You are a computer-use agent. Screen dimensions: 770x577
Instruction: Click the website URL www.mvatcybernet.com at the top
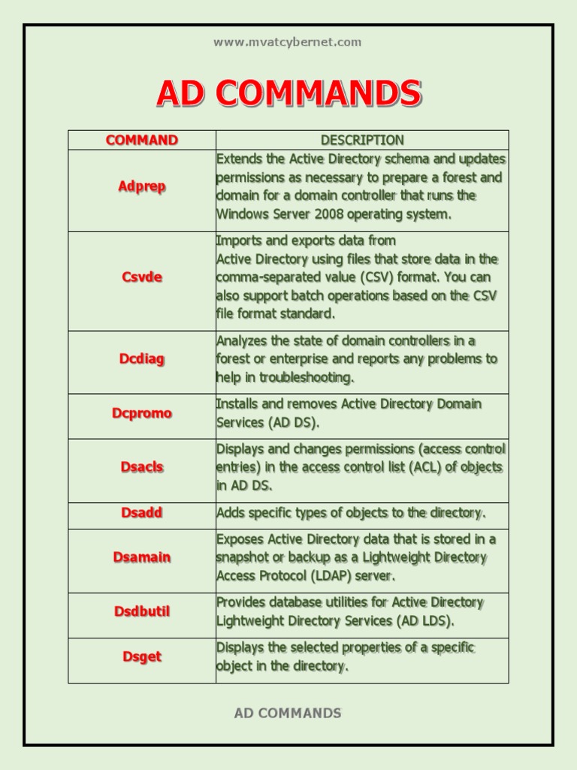pos(287,42)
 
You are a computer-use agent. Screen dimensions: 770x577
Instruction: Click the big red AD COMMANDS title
pos(288,94)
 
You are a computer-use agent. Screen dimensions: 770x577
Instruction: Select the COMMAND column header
pos(142,140)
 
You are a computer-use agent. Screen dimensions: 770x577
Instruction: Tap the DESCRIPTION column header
pos(362,140)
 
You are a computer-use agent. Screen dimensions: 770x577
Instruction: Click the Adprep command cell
pos(142,186)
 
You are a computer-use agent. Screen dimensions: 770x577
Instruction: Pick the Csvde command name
pos(142,277)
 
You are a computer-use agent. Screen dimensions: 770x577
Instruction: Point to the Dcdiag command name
pos(142,359)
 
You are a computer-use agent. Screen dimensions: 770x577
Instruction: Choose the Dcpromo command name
pos(142,413)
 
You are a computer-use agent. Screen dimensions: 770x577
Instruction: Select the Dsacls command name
pos(142,467)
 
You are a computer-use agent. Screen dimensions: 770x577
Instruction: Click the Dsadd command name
pos(142,513)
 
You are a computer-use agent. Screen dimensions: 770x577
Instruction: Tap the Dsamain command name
pos(142,557)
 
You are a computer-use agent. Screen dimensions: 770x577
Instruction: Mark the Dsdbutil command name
pos(142,611)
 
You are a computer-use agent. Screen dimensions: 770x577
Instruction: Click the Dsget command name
pos(142,656)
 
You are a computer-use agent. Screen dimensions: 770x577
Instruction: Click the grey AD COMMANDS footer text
pos(288,713)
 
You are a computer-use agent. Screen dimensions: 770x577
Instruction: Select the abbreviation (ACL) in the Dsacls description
pos(424,467)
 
